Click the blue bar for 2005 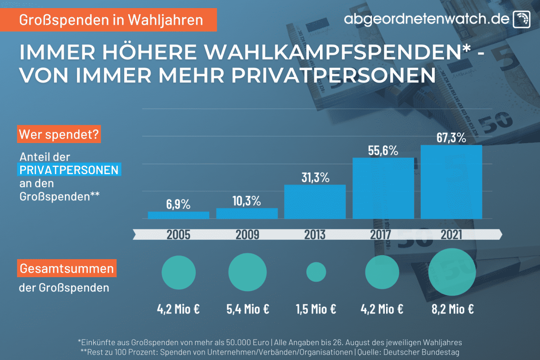click(x=179, y=215)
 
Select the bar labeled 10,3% click(x=247, y=213)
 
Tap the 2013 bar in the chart click(x=315, y=202)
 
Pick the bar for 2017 click(x=383, y=188)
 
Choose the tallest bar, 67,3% click(x=451, y=182)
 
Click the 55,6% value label click(x=382, y=151)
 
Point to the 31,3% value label click(x=315, y=177)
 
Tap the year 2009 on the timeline click(x=247, y=234)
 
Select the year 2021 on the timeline click(x=451, y=234)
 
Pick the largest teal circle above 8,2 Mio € click(x=452, y=272)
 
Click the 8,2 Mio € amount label click(x=452, y=310)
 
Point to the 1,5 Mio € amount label click(x=316, y=310)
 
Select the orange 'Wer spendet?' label click(x=59, y=134)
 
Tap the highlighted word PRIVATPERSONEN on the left click(x=70, y=170)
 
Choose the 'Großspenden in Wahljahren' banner click(x=112, y=20)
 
